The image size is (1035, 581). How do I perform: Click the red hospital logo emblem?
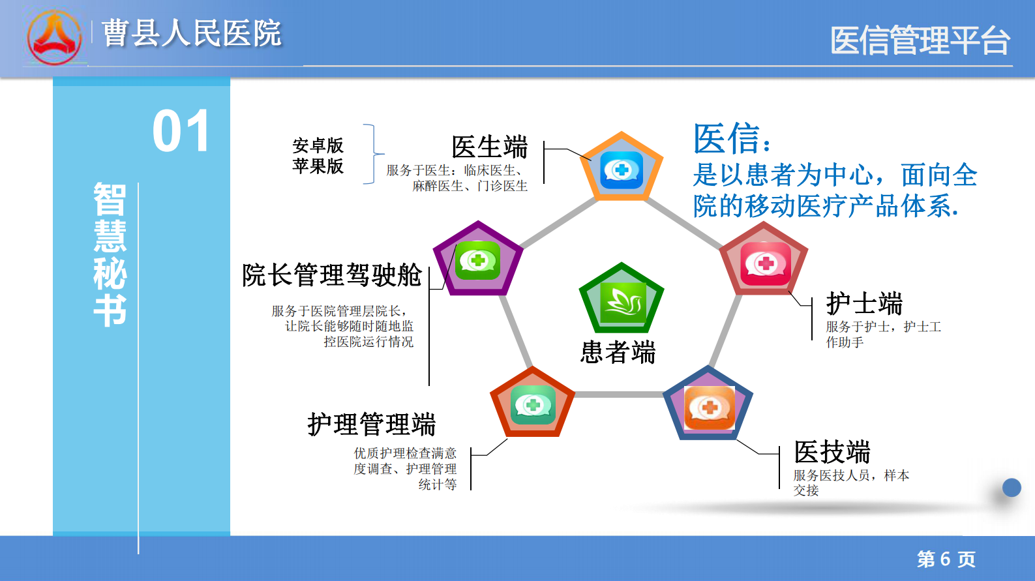tap(55, 38)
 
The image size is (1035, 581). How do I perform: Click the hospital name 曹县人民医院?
tap(192, 33)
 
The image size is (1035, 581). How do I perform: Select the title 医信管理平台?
tap(920, 40)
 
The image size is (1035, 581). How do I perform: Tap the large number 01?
tap(181, 131)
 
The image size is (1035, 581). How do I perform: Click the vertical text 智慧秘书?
tap(110, 254)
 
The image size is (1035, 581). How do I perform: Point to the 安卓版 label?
tap(318, 145)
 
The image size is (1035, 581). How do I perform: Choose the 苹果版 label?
tap(318, 166)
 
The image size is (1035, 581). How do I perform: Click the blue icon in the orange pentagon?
tap(622, 170)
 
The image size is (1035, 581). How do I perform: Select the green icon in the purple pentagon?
tap(477, 260)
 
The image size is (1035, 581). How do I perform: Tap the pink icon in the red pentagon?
tap(765, 263)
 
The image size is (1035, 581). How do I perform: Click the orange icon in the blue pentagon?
tap(710, 408)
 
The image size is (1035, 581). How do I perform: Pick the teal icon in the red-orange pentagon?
tap(533, 405)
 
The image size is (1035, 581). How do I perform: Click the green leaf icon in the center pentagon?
tap(623, 303)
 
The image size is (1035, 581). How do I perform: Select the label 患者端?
tap(618, 352)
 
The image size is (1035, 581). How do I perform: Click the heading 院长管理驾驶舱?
tap(332, 275)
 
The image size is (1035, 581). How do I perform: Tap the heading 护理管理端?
tap(372, 425)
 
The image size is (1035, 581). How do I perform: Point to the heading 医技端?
tap(832, 452)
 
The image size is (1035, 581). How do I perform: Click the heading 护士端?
tap(864, 303)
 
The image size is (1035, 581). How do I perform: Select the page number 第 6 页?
tap(946, 559)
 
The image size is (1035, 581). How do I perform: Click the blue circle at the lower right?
tap(1012, 488)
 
